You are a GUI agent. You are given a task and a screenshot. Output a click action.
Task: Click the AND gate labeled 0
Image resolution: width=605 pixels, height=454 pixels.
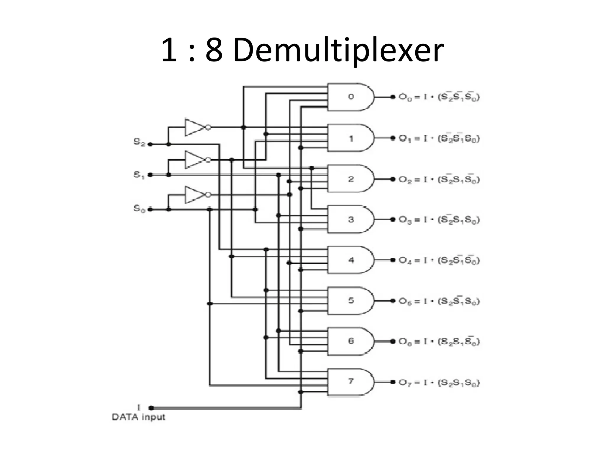coord(350,97)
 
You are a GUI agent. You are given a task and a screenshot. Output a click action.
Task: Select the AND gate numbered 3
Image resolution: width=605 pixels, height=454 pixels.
coord(350,219)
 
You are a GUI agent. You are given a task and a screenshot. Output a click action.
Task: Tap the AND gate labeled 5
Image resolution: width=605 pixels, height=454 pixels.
coord(350,301)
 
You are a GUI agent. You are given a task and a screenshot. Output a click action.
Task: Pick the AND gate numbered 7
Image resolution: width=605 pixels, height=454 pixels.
coord(350,382)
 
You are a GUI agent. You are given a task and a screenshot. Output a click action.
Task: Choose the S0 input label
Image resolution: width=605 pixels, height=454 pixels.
coord(139,208)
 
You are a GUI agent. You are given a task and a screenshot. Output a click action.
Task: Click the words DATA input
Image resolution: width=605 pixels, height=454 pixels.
coord(138,417)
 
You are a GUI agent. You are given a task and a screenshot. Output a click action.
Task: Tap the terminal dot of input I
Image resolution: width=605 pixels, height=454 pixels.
coord(151,408)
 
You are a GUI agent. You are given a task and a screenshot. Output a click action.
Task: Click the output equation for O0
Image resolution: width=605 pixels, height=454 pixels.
coord(439,97)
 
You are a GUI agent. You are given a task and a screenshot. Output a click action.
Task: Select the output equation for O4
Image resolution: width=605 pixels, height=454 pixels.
coord(439,260)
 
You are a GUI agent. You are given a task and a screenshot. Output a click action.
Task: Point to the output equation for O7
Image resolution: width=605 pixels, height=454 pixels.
coord(439,382)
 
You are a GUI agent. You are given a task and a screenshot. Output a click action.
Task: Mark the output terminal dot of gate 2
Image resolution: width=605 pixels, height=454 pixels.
coord(393,179)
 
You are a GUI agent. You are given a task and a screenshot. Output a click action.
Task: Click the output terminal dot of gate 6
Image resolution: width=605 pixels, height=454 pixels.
coord(393,341)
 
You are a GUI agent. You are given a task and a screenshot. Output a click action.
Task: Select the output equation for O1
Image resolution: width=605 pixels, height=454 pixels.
coord(439,138)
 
